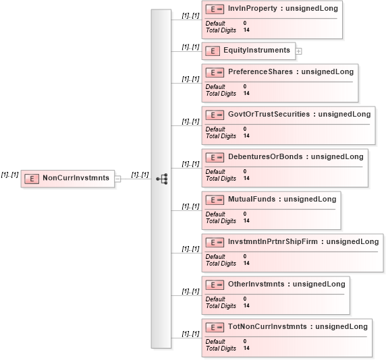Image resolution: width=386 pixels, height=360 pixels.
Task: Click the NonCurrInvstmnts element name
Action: coord(76,178)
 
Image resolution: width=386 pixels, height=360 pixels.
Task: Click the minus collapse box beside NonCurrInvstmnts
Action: coord(117,179)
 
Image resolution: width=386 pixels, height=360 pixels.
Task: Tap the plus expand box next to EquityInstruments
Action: coord(298,51)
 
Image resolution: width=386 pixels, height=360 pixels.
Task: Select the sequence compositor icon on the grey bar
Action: coord(162,179)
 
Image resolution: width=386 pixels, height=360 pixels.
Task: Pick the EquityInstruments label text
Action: coord(256,50)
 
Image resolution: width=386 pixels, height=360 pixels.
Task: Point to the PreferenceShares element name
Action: coord(260,71)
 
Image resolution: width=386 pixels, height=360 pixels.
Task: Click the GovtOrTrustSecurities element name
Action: coord(269,114)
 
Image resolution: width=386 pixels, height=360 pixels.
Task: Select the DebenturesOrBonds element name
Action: coord(265,156)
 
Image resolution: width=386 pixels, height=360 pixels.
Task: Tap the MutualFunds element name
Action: coord(252,199)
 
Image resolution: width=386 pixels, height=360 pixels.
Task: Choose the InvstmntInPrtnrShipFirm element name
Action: coord(273,241)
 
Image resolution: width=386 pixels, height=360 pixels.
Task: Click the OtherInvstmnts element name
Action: coord(256,284)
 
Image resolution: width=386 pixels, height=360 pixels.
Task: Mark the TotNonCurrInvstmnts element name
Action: coord(267,326)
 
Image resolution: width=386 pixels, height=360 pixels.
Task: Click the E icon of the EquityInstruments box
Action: coord(213,51)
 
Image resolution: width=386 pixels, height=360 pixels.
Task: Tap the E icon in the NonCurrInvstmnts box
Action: coord(32,179)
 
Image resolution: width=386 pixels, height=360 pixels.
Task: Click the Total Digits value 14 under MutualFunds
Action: coord(246,220)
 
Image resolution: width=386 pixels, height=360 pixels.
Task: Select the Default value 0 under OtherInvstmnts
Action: coord(245,299)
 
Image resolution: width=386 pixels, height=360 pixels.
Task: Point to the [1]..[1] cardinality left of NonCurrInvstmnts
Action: coord(9,175)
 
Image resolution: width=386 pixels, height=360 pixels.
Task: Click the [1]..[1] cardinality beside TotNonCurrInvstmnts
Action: coord(190,334)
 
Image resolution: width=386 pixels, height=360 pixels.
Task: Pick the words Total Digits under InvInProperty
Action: coord(221,30)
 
